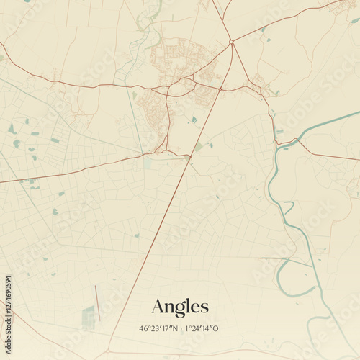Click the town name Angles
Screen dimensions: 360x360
tap(180, 307)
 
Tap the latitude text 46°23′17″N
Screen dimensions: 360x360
tap(158, 328)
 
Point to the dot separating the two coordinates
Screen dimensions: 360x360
tap(180, 328)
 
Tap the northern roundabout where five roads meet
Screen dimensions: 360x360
tap(231, 42)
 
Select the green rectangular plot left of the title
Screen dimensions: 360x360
tap(88, 317)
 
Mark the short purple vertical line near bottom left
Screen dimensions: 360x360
tap(96, 301)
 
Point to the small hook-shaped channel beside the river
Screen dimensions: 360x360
tap(288, 207)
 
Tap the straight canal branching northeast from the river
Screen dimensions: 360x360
tap(324, 123)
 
